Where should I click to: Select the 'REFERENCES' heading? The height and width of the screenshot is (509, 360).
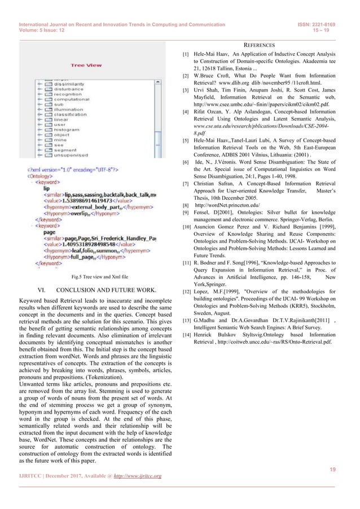[x=259, y=45]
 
